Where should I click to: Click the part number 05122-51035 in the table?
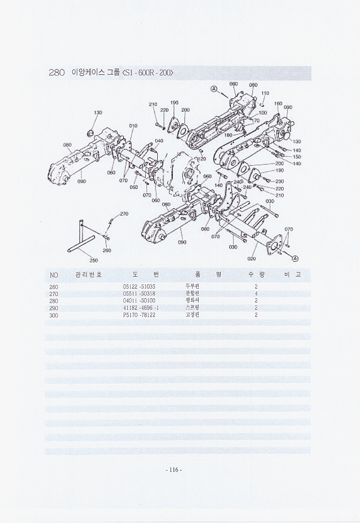coord(139,287)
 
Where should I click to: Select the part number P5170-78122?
coord(139,315)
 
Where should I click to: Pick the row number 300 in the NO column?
coord(53,315)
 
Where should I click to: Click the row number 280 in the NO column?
coord(53,301)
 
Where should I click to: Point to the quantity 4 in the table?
coord(256,294)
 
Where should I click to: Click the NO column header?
coord(54,275)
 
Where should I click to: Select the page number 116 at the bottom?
coord(173,470)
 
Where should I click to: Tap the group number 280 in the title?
coord(57,73)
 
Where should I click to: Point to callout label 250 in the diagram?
coord(93,260)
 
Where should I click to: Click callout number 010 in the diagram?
coord(133,125)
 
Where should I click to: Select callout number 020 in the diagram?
coord(251,259)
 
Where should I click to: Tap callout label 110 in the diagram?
coord(265,93)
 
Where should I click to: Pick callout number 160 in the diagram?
coord(278,103)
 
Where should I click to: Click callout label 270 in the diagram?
coord(124,214)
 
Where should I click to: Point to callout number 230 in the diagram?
coord(280,182)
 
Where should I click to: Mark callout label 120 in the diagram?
coord(201,159)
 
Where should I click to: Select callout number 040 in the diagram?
coord(159,141)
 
